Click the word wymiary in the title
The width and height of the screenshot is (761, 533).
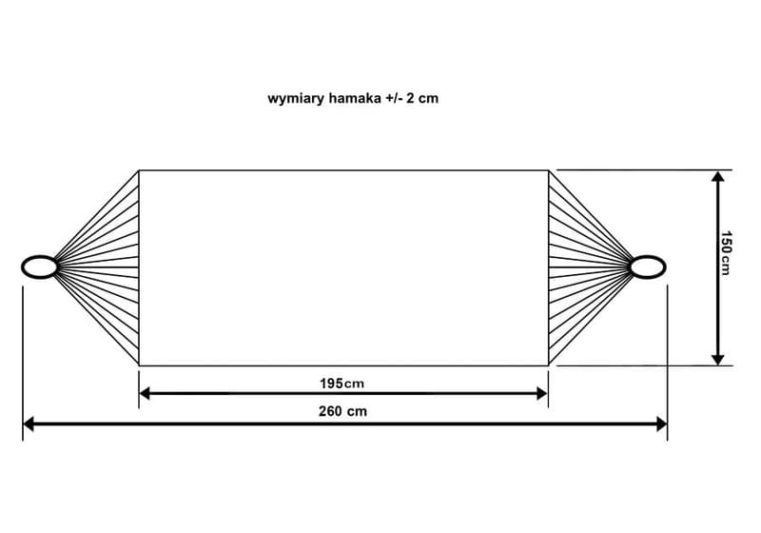tap(296, 99)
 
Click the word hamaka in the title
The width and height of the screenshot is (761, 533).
tap(355, 98)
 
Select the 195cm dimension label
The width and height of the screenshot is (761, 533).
tap(341, 384)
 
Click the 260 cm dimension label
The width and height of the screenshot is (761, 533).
tap(342, 411)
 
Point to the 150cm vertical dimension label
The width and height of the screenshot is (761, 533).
tap(725, 253)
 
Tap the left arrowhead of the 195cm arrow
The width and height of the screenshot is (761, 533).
tap(145, 393)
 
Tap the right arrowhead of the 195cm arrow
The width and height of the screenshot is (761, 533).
tap(542, 393)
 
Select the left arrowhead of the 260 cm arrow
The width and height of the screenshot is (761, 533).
tap(29, 424)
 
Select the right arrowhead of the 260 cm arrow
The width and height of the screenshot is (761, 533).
tap(662, 424)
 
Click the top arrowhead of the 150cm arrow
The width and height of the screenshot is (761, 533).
tap(718, 176)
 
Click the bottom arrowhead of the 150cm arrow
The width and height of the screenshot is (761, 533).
tap(718, 360)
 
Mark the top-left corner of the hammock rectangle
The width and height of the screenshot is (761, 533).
tap(139, 170)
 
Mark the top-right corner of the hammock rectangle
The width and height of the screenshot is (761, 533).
tap(549, 170)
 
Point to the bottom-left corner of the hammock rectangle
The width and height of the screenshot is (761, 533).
tap(139, 365)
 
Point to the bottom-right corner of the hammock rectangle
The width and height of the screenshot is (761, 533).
tap(549, 365)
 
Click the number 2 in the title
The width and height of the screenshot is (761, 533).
tap(411, 98)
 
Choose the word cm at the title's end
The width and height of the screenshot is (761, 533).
tap(429, 99)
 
